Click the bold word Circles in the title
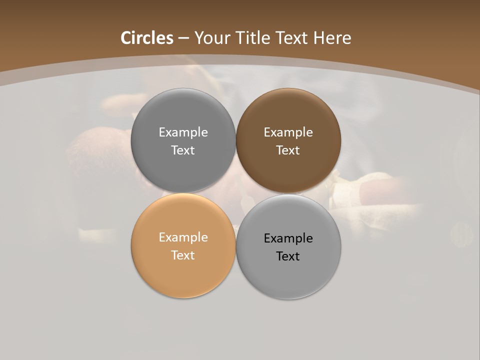click(x=147, y=38)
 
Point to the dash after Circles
click(x=183, y=38)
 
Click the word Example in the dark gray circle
click(x=183, y=132)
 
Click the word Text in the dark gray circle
click(x=183, y=150)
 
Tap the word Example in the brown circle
click(x=288, y=132)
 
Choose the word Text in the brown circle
click(x=288, y=150)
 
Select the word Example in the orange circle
click(x=183, y=237)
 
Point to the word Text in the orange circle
click(x=183, y=255)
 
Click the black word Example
click(x=288, y=238)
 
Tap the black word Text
click(x=288, y=256)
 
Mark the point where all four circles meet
click(x=236, y=193)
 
